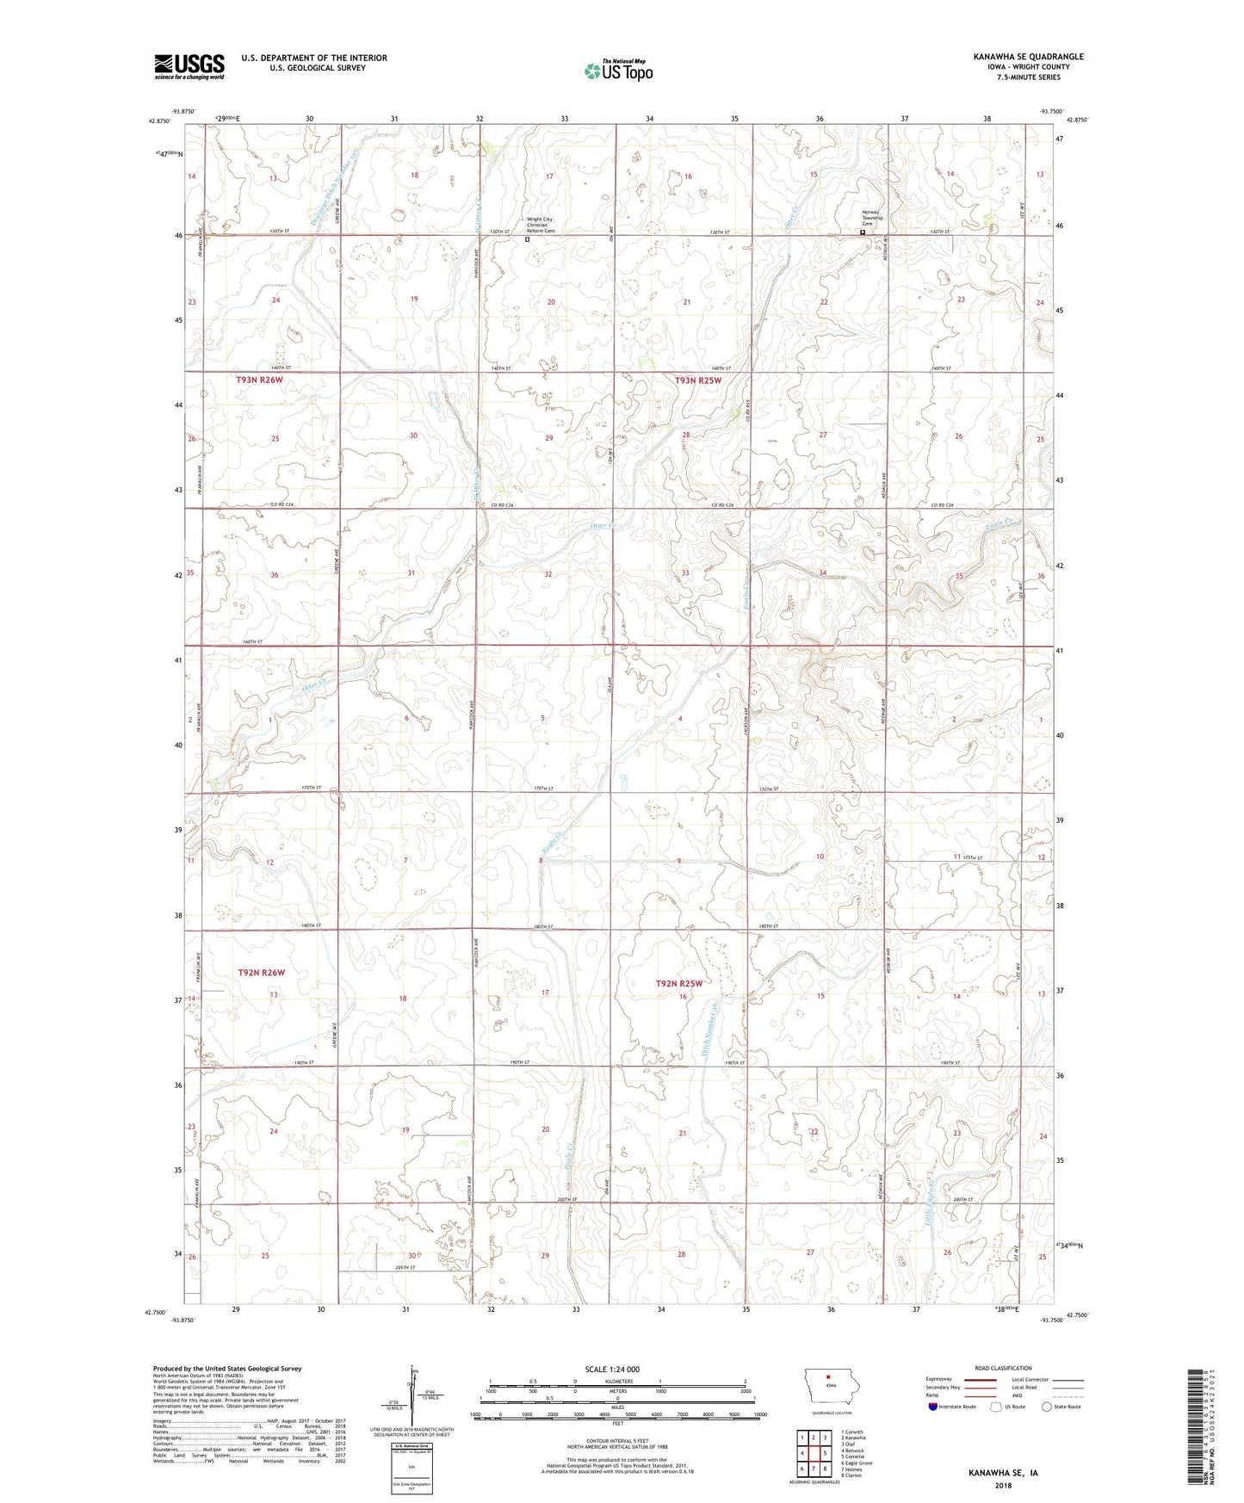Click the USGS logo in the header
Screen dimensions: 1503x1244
(x=189, y=66)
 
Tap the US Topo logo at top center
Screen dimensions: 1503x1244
(x=617, y=71)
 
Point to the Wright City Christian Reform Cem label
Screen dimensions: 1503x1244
(x=541, y=226)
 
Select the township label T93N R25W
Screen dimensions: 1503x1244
(x=698, y=380)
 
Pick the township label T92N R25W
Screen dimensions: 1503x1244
(x=679, y=983)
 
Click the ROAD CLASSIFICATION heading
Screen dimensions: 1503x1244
(x=1003, y=1368)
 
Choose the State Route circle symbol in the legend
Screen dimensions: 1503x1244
(x=1046, y=1407)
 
